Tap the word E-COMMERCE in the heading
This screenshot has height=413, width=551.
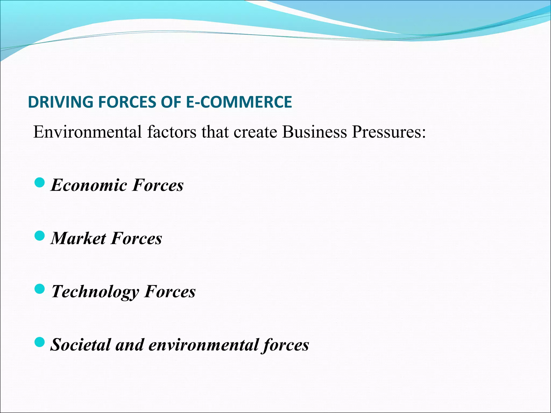pos(239,102)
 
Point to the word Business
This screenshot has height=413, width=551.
pos(315,132)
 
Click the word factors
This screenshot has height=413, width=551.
pos(172,132)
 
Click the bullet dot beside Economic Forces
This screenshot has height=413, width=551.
pos(40,183)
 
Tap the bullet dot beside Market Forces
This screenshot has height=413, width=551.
pos(40,236)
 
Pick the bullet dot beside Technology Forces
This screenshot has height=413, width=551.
pos(40,289)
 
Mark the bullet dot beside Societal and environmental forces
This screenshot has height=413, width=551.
pos(40,342)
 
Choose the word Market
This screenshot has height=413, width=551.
pos(79,238)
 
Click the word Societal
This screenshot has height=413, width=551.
pos(81,345)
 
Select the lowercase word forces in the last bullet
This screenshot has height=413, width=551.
pos(286,345)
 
